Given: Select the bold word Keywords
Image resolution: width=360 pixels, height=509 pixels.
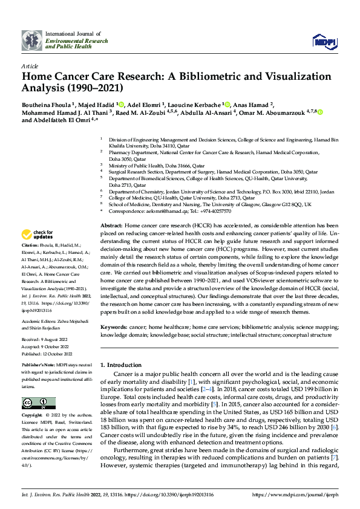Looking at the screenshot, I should pos(115,326).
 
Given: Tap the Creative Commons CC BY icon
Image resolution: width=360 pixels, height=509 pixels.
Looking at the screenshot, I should pos(39,403).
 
